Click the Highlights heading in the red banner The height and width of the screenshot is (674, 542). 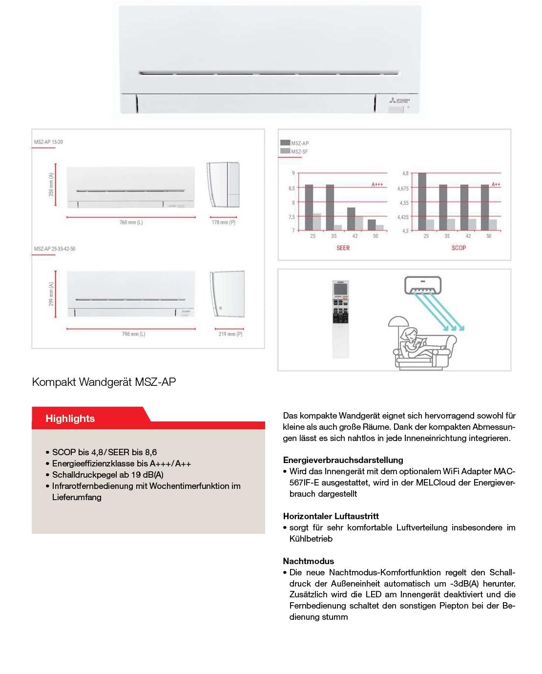pos(70,419)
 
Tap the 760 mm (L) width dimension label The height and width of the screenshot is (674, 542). pos(131,223)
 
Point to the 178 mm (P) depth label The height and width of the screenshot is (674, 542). pos(223,223)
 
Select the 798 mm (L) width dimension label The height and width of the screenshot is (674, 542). pos(133,334)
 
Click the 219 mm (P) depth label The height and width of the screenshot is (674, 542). pos(230,334)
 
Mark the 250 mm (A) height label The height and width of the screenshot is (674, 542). pos(51,184)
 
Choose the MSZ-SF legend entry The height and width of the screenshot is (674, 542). pos(299,151)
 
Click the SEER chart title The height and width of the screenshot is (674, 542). pos(343,248)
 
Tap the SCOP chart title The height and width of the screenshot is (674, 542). pos(459,248)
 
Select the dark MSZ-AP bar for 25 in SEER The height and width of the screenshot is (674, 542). pos(309,207)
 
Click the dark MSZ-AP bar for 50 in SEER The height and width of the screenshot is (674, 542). pos(372,225)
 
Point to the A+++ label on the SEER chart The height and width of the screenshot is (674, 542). pos(377,185)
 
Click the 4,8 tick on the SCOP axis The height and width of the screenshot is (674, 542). pos(405,173)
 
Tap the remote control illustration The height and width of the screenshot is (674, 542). pos(340,318)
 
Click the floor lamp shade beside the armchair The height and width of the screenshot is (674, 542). pos(398,321)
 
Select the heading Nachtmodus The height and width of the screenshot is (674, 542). pos(308,561)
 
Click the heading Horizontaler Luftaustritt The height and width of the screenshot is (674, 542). pos(331,516)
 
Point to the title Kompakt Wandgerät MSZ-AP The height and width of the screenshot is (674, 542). pos(104,382)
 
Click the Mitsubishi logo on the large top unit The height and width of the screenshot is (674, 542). pos(399,101)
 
